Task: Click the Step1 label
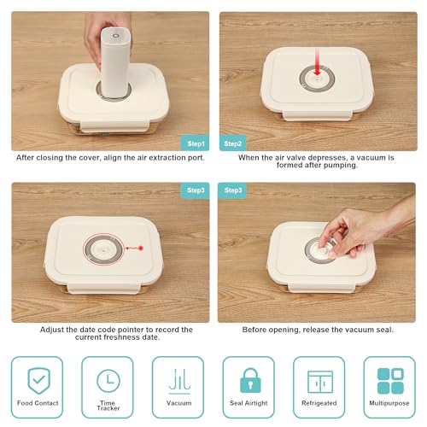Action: coord(196,143)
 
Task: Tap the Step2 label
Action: coord(232,143)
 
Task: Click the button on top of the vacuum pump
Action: coord(115,36)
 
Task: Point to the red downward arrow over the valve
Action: coord(317,61)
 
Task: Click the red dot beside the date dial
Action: coord(141,248)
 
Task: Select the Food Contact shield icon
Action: coord(38,381)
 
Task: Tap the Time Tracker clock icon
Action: coord(108,381)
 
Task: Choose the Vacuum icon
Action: coord(179,382)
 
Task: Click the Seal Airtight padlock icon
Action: coord(250,381)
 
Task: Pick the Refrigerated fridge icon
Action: coord(320,382)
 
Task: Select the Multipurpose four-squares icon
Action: coord(390,381)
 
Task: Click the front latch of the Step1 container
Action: coord(114,126)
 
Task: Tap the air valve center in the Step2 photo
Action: coord(318,79)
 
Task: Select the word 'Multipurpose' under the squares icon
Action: coord(389,403)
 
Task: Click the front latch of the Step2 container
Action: coord(318,115)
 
